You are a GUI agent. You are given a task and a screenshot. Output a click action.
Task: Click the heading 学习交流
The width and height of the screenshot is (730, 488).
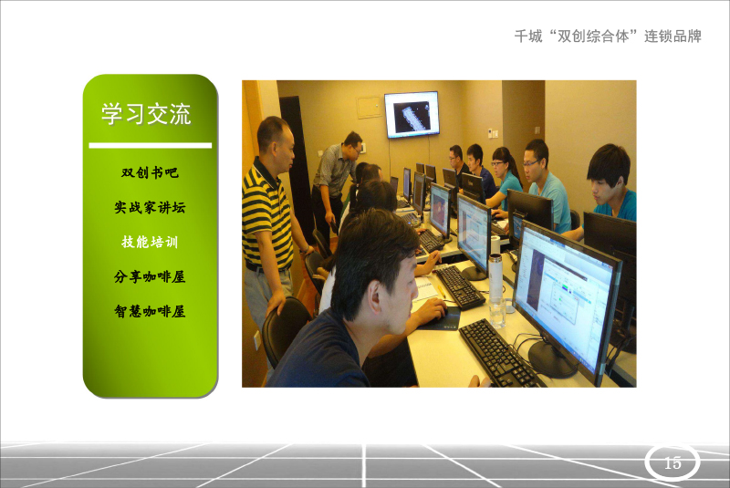(146, 114)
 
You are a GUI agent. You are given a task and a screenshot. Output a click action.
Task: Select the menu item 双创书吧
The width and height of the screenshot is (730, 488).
(150, 172)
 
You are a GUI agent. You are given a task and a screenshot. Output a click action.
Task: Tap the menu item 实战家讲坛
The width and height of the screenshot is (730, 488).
(150, 207)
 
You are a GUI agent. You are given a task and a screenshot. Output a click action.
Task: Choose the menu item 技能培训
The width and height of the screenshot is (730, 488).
(150, 242)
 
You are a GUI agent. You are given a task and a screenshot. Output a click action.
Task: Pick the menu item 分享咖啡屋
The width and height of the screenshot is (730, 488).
(150, 276)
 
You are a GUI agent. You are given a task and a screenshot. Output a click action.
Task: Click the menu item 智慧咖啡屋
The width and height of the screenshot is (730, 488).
(150, 311)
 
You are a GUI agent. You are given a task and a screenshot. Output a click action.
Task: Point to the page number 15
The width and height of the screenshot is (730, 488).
(673, 462)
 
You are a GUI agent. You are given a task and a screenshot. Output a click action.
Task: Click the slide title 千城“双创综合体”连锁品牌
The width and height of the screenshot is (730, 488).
(608, 36)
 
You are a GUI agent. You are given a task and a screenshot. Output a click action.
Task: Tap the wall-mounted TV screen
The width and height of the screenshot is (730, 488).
(412, 114)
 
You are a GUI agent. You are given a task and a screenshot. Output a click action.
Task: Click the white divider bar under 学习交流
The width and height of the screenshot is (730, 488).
(150, 146)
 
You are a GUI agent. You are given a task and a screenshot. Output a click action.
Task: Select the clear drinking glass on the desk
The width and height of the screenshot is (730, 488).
(497, 313)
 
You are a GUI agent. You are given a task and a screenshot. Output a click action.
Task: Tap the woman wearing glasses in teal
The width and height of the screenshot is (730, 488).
(505, 179)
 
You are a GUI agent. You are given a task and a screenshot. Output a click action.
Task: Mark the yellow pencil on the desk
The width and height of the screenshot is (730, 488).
(442, 291)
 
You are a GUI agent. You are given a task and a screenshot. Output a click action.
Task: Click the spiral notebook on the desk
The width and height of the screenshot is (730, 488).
(426, 290)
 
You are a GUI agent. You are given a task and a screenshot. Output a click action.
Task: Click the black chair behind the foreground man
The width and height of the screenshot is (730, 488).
(284, 328)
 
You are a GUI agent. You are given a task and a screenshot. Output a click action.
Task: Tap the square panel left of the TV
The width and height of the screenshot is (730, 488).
(370, 108)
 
